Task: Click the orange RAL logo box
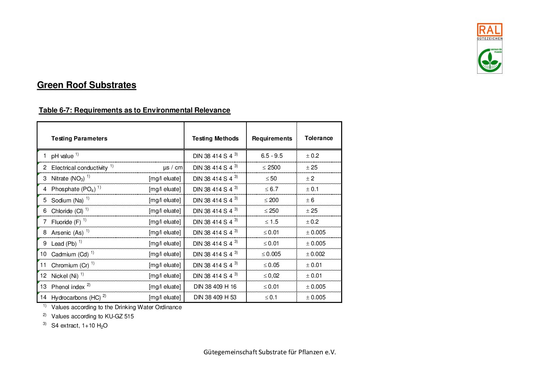[x=489, y=30]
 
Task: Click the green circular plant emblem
[x=489, y=60]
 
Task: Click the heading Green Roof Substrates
[x=87, y=85]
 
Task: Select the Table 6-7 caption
[x=135, y=110]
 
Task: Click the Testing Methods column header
[x=215, y=139]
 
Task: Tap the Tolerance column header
[x=319, y=138]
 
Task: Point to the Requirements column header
[x=272, y=139]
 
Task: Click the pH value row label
[x=62, y=156]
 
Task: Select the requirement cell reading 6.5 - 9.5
[x=272, y=156]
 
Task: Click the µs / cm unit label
[x=173, y=168]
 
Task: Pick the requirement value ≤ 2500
[x=271, y=168]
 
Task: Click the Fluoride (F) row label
[x=66, y=222]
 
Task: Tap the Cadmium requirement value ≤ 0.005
[x=271, y=254]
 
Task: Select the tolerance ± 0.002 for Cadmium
[x=315, y=254]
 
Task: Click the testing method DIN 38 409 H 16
[x=215, y=287]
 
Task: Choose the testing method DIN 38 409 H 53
[x=215, y=297]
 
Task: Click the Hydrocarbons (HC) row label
[x=76, y=298]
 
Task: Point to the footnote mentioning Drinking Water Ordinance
[x=116, y=307]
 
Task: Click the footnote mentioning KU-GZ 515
[x=92, y=316]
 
